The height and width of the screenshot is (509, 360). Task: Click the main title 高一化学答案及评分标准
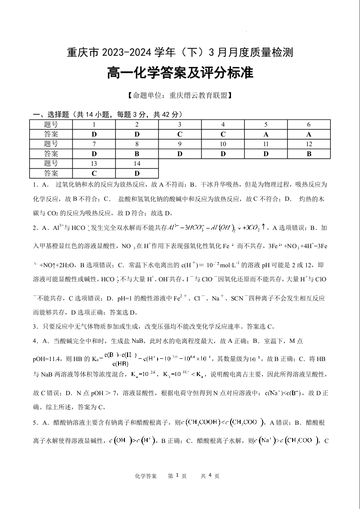[180, 73]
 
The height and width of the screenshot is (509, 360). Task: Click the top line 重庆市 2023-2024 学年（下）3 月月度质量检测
[180, 52]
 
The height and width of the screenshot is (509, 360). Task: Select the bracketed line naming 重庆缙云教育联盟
[180, 96]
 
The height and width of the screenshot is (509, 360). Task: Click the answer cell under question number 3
[180, 134]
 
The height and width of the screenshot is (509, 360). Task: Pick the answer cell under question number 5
[266, 134]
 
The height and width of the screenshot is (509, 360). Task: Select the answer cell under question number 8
[137, 154]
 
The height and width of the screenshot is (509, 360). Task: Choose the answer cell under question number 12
[309, 154]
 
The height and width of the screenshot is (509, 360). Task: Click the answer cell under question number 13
[94, 173]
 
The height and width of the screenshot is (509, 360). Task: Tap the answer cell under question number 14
[137, 173]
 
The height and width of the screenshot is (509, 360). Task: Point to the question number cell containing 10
[223, 144]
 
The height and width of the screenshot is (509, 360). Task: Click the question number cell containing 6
[309, 125]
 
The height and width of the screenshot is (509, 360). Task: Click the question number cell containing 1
[94, 125]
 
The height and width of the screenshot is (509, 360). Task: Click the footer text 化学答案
[146, 476]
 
